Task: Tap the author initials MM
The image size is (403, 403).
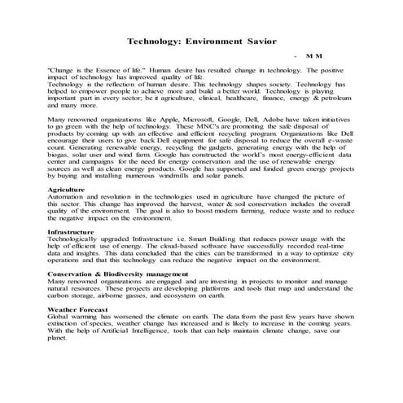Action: [313, 57]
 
